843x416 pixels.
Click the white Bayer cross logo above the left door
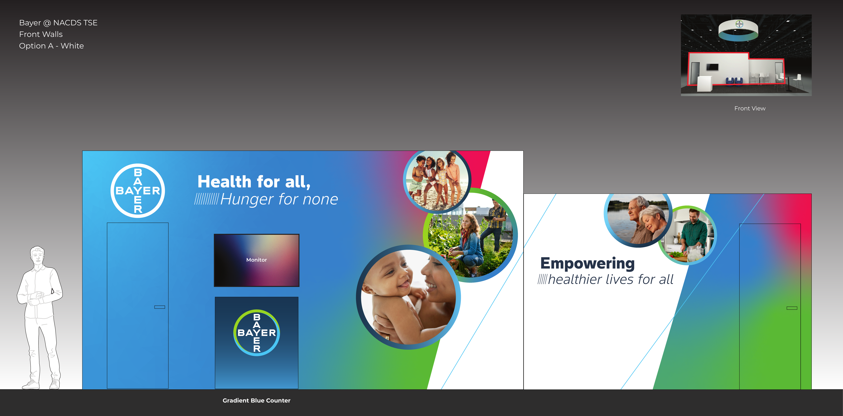click(x=138, y=191)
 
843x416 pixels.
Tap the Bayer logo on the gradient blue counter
click(x=257, y=333)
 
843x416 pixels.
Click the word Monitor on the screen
click(x=257, y=260)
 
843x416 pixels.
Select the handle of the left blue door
click(x=160, y=307)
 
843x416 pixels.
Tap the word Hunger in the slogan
click(x=247, y=199)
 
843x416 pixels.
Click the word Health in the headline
click(x=225, y=182)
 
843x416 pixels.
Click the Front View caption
click(x=750, y=108)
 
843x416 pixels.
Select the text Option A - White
click(x=51, y=46)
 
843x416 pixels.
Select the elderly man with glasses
click(x=637, y=219)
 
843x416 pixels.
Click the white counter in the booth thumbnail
click(x=705, y=83)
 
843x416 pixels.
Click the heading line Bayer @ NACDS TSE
click(x=58, y=23)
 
